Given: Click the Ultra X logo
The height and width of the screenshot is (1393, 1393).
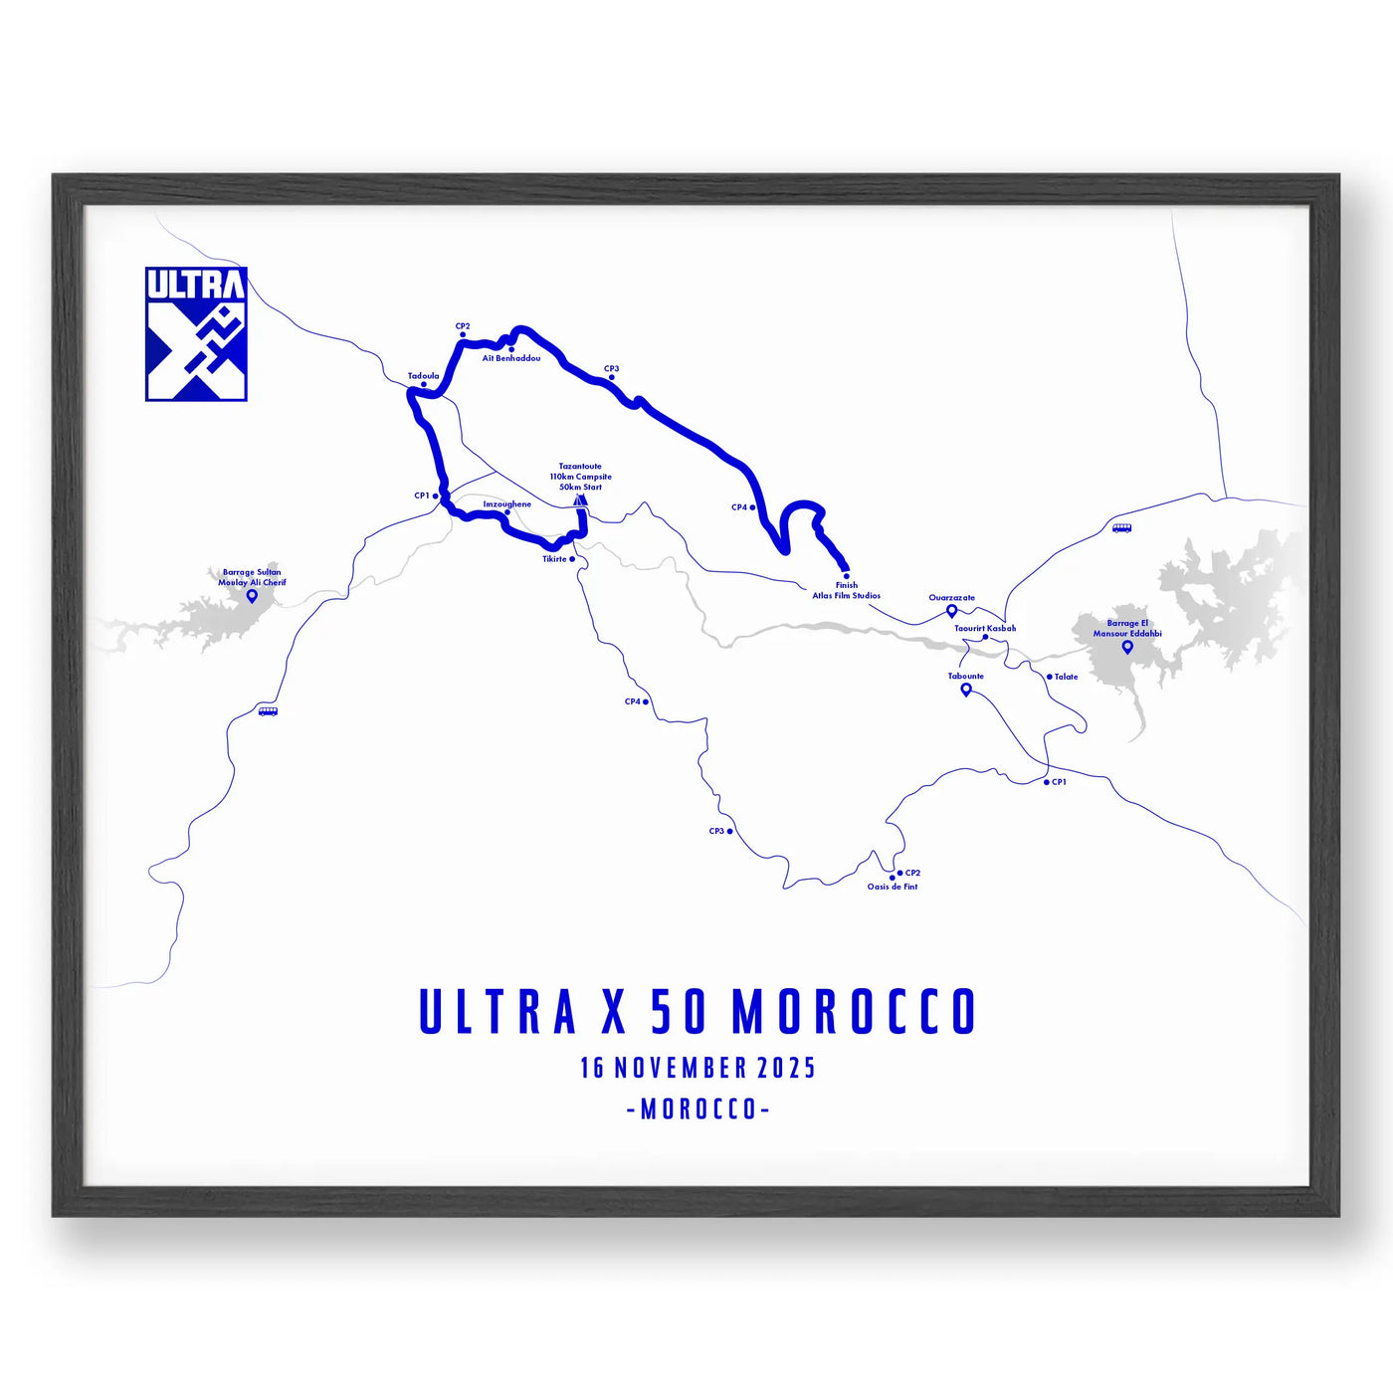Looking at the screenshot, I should coord(196,334).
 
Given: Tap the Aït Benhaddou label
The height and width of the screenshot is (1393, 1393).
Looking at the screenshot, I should coord(511,358).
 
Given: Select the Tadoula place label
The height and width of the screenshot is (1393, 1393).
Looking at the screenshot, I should coord(423,376).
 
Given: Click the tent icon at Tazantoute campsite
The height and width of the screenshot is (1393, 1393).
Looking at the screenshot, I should coord(581,500).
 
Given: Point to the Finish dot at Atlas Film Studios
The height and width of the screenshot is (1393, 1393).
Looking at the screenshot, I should coord(846,576).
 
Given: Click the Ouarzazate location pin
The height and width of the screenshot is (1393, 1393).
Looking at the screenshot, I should coord(951,611).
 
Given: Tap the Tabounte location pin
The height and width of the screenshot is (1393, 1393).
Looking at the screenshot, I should coord(965,689).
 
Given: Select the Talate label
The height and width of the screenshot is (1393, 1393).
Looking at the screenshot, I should coord(1066,677).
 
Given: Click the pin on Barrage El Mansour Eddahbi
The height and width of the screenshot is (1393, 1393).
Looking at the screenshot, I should coord(1127,647).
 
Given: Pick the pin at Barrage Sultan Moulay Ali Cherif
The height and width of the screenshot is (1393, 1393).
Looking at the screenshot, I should coord(252,596).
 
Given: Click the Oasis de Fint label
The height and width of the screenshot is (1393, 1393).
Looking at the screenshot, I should coord(893,887).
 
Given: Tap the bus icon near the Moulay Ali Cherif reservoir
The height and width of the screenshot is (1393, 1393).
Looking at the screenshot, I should coord(268,711).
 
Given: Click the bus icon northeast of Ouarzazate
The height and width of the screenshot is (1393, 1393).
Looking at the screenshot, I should coord(1121,528).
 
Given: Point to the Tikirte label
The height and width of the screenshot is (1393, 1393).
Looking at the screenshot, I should coord(554,559).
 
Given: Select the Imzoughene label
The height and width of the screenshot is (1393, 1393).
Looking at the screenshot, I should coord(506,504).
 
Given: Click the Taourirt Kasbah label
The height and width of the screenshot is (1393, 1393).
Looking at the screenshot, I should coord(985,628).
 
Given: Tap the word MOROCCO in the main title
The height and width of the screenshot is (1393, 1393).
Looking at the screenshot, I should coord(855,1012).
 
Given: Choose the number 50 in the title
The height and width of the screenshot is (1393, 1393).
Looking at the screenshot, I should coord(679,1012).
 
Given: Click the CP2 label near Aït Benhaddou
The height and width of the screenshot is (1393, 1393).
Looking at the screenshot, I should coord(463,326).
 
